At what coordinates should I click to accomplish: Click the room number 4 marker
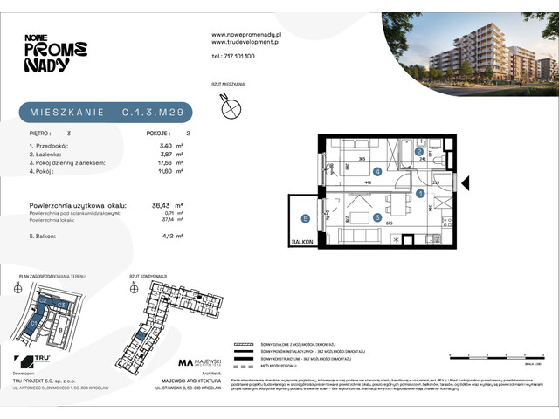(377, 172)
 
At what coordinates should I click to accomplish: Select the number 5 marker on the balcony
(305, 217)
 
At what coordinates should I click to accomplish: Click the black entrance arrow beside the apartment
(464, 182)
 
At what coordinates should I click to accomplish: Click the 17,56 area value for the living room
(157, 160)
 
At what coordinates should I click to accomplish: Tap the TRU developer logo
(37, 360)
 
